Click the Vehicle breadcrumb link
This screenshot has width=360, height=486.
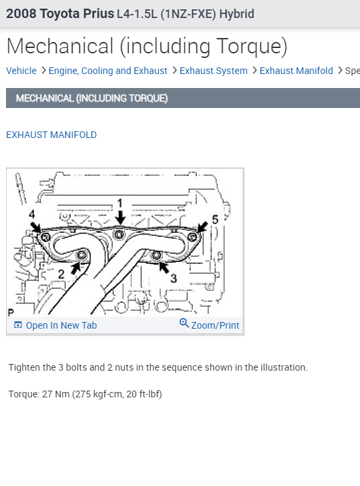click(x=21, y=71)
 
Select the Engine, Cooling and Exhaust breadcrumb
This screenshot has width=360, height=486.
click(x=108, y=71)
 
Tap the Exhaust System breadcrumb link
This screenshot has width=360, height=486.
click(x=213, y=71)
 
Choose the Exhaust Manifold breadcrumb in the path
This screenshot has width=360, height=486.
click(x=296, y=71)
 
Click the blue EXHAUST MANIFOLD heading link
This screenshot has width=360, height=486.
click(x=51, y=135)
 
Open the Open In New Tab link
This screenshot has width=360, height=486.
click(x=61, y=325)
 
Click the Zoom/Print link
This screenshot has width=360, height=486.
click(x=215, y=325)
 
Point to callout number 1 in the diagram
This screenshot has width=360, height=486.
click(x=120, y=203)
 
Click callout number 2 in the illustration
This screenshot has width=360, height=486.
click(x=61, y=273)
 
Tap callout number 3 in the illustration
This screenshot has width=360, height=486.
click(x=173, y=278)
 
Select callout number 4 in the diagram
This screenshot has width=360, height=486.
click(x=31, y=215)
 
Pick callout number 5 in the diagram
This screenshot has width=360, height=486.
click(x=215, y=219)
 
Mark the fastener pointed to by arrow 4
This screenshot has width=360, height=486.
click(x=45, y=238)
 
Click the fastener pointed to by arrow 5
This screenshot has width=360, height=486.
click(x=192, y=237)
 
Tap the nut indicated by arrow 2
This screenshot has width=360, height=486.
click(x=82, y=256)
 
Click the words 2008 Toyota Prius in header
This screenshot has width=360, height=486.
click(x=60, y=14)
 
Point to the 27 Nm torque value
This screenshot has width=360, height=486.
click(x=55, y=394)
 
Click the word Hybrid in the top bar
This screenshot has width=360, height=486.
click(x=238, y=14)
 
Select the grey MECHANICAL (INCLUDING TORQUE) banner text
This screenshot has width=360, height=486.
click(x=91, y=98)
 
